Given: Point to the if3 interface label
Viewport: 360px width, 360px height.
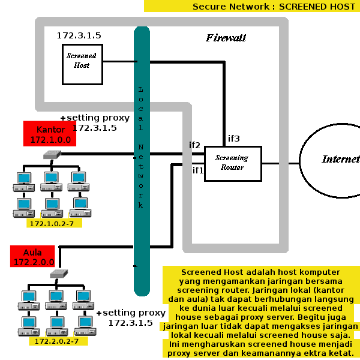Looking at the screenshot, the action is [x=234, y=139].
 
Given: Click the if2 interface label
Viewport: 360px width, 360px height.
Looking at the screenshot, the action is [x=194, y=145].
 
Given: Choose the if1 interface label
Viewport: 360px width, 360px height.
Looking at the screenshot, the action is [x=198, y=170].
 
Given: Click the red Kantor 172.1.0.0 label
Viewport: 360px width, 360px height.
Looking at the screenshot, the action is [x=50, y=134].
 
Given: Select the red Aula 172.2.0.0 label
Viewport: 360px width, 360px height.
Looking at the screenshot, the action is [x=32, y=256].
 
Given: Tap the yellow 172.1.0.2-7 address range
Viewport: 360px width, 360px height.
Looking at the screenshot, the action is [x=54, y=223].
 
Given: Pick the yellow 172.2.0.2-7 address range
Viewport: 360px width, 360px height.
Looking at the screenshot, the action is [x=58, y=341].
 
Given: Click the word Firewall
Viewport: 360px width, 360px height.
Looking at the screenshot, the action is [x=226, y=38].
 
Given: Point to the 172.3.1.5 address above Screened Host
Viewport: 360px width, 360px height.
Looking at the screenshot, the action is [x=79, y=35].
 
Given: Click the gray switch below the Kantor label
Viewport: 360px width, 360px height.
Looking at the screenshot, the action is [x=52, y=155].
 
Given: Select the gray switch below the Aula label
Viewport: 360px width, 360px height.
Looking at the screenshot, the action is [x=59, y=274].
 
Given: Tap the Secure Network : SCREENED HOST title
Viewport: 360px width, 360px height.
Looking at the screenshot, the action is [x=274, y=7].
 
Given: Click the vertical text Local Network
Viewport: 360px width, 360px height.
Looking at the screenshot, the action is [x=141, y=148].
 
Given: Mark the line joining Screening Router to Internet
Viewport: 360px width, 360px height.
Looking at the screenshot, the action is [x=281, y=163].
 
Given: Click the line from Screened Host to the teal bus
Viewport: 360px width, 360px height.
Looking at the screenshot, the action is [x=120, y=62].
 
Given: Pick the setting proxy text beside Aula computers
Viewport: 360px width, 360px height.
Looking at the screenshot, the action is [x=131, y=317].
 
